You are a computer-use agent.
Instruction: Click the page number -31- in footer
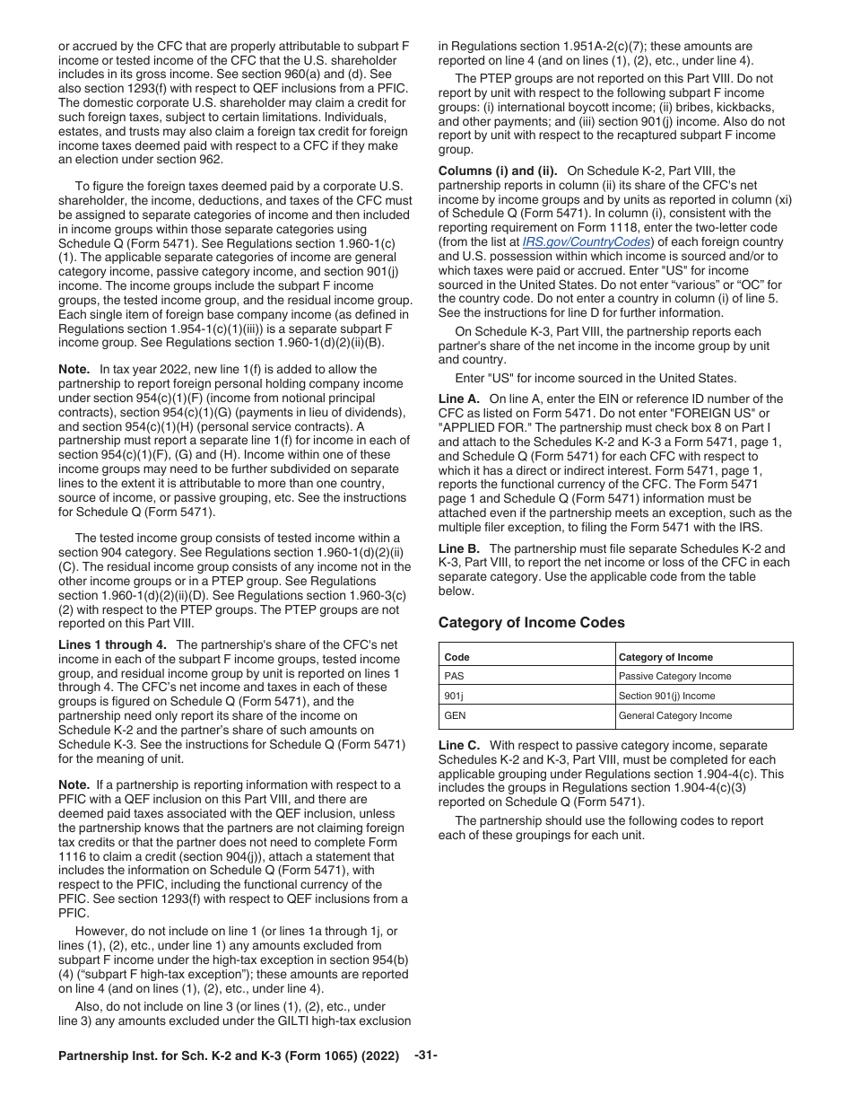tap(426, 1056)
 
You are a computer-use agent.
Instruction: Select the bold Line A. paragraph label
tap(458, 399)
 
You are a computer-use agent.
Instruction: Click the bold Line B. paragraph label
tap(458, 548)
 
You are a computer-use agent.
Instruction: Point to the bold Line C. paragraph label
tap(459, 745)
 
